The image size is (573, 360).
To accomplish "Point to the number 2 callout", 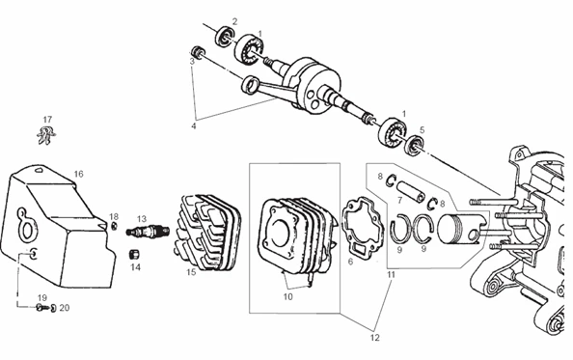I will [x=233, y=20].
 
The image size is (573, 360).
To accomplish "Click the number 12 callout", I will [x=375, y=338].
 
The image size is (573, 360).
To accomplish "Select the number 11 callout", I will [x=391, y=275].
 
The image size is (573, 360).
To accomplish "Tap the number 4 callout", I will [x=194, y=125].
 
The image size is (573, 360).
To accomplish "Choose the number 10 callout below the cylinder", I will [x=286, y=296].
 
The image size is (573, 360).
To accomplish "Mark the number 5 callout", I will [x=422, y=128].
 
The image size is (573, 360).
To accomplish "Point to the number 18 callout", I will [x=114, y=216].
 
